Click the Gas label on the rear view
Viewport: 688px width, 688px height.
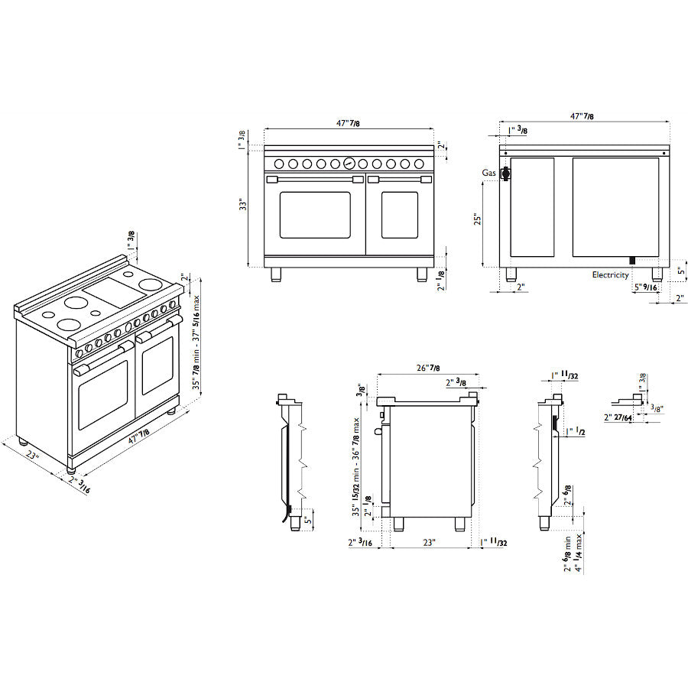489,174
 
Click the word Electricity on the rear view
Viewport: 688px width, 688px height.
610,275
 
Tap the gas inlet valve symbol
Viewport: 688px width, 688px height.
505,175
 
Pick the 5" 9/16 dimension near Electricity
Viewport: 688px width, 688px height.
644,287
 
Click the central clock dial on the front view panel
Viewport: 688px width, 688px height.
349,163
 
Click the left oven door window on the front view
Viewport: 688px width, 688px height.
314,215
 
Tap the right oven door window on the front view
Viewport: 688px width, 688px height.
399,215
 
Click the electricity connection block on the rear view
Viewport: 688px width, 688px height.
631,261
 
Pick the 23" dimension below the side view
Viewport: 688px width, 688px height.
429,543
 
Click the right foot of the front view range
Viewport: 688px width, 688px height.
421,274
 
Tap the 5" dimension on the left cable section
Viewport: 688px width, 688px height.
307,520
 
